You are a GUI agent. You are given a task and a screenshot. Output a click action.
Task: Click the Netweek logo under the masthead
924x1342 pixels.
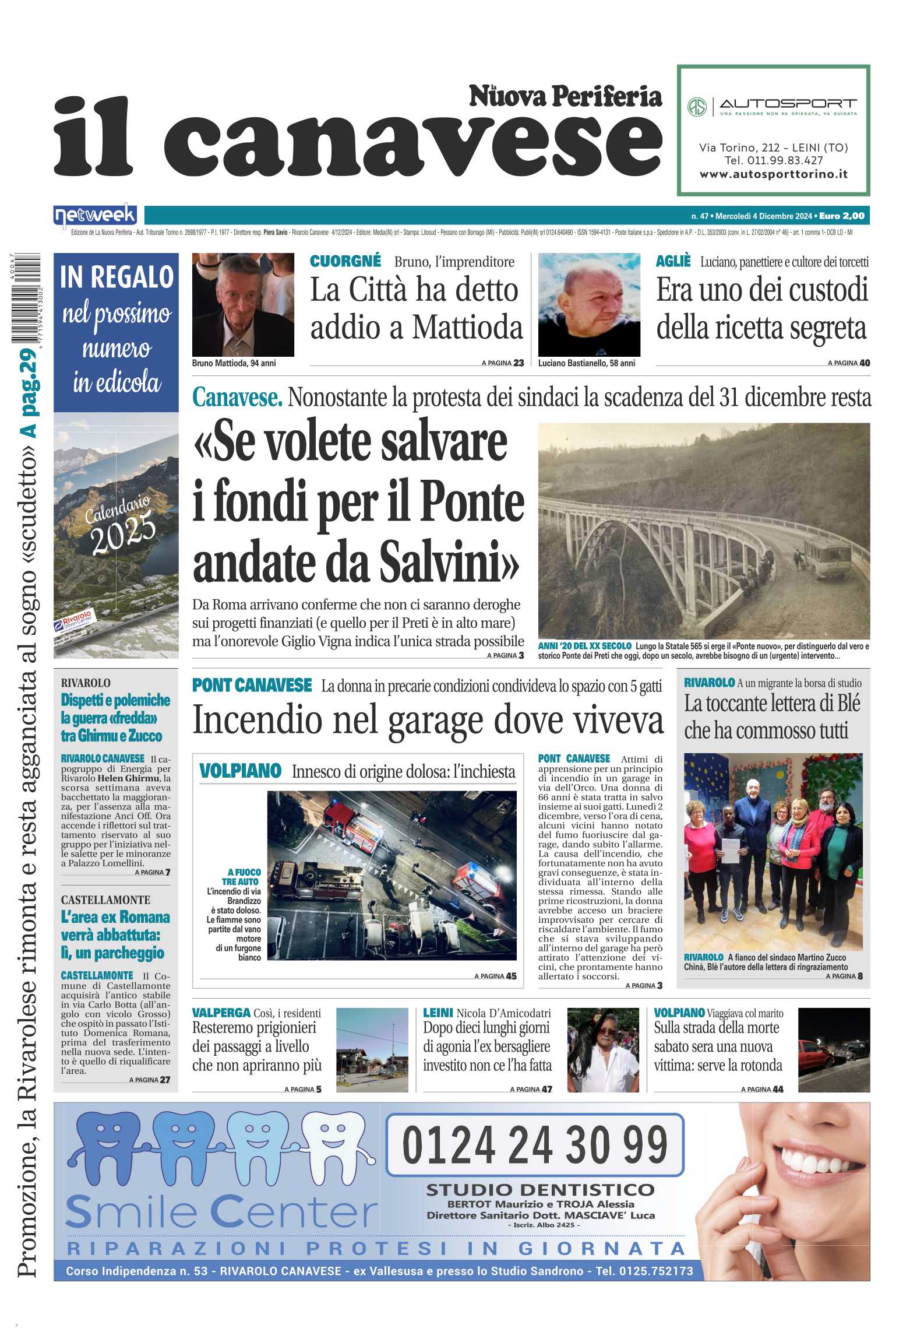(x=95, y=216)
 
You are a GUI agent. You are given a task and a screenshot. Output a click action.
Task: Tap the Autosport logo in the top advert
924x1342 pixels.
(x=773, y=107)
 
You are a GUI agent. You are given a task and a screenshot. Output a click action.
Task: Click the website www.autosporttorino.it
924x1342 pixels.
(x=773, y=174)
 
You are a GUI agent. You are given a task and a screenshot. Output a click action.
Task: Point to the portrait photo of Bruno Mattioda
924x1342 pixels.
(x=243, y=304)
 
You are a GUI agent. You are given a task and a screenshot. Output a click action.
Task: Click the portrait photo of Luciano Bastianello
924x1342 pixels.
(x=589, y=304)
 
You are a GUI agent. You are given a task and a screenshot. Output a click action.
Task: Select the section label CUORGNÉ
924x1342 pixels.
(x=345, y=261)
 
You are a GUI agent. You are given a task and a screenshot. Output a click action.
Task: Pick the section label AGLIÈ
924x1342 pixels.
(x=673, y=261)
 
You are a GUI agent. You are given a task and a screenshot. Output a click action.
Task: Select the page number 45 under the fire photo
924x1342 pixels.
(x=511, y=976)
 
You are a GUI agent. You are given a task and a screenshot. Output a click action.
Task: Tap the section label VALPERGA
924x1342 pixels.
(x=221, y=1013)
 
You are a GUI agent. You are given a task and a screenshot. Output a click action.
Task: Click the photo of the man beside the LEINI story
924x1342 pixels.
(x=603, y=1050)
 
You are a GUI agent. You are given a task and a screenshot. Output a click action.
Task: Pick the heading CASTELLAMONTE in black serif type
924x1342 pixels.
(x=105, y=900)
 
